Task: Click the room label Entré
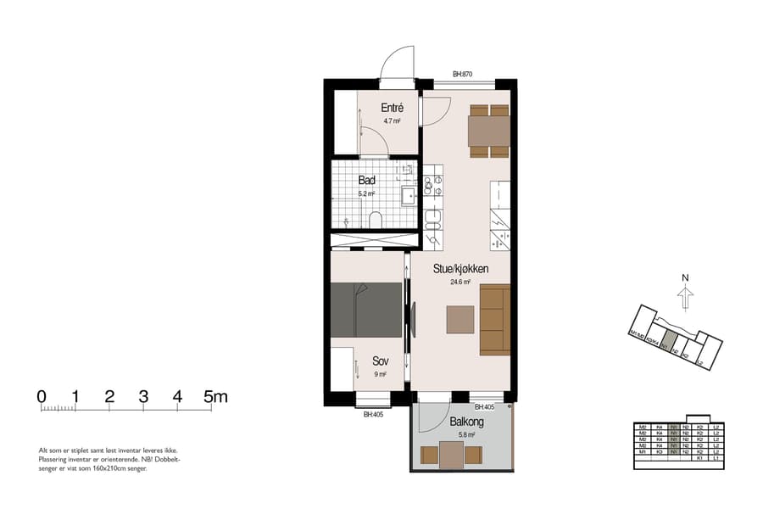coord(392,108)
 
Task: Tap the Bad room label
coord(367,180)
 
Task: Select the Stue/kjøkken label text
coord(460,268)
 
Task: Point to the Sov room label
coord(380,361)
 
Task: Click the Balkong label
coord(466,421)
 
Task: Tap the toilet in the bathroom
coord(376,220)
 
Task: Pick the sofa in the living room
coord(494,320)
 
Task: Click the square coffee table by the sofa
coord(461,320)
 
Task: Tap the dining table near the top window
coord(489,131)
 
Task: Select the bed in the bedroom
coord(366,310)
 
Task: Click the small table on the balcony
coord(452,456)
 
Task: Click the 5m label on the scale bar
coord(216,396)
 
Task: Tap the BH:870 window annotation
coord(462,75)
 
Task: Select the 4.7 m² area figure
coord(391,121)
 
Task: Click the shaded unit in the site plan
coord(668,341)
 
